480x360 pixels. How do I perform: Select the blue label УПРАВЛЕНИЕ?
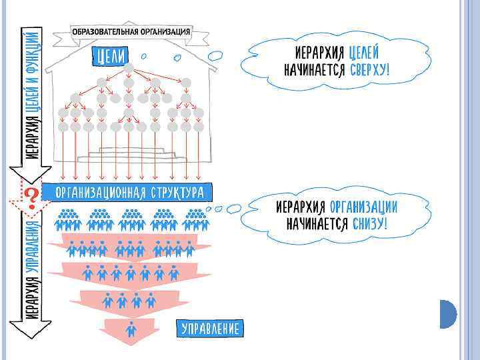pos(210,328)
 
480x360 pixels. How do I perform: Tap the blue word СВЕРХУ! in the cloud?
pos(369,71)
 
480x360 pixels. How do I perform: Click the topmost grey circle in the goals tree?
pos(129,67)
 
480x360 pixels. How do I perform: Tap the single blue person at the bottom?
pos(131,329)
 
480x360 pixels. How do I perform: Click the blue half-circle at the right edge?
pos(447,313)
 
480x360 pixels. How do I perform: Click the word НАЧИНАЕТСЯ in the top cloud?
pos(314,71)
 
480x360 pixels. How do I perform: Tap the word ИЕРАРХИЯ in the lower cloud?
pos(301,205)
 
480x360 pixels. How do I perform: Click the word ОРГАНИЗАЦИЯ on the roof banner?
pos(165,32)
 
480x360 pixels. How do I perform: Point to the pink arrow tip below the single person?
pos(131,341)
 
